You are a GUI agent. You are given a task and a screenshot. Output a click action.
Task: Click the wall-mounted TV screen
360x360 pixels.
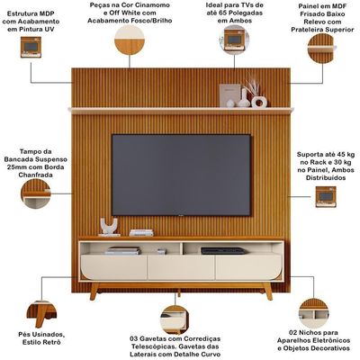pos(181,175)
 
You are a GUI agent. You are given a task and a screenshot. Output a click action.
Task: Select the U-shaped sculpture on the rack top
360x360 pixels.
pos(109,227)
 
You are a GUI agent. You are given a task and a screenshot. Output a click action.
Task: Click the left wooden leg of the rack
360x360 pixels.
pos(94,291)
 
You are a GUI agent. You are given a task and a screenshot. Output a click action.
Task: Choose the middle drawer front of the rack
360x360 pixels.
pos(181,267)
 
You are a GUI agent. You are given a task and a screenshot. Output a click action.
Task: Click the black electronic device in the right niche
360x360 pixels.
pos(223,251)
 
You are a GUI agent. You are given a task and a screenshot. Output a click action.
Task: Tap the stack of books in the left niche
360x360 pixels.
pos(123,251)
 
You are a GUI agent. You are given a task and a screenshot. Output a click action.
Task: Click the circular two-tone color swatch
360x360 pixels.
pos(130,40)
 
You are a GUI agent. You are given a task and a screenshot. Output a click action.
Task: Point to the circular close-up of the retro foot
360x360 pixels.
pos(41,314)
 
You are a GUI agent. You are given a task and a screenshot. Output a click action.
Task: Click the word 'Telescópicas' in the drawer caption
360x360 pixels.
pos(152,346)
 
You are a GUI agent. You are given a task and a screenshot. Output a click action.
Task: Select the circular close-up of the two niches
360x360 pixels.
pos(314,313)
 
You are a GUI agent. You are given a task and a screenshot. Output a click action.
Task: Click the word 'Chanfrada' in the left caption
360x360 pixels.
pos(36,175)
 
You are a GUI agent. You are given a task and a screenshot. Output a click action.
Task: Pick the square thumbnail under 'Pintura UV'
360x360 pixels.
pos(31,47)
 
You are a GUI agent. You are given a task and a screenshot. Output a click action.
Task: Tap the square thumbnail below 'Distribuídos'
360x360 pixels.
pos(326,197)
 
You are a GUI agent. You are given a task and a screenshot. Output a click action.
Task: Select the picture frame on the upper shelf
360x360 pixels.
pos(229,94)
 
